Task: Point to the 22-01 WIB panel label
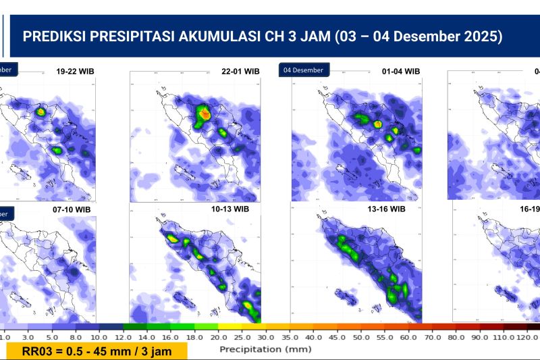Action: coord(240,71)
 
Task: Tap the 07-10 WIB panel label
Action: coord(72,209)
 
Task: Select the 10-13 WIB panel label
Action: coord(230,209)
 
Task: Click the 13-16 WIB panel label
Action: coord(386,209)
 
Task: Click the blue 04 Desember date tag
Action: coord(302,70)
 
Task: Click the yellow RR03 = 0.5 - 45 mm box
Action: coord(97,351)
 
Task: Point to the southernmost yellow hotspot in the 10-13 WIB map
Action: coord(250,309)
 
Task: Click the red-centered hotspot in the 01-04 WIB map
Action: coord(378,124)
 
